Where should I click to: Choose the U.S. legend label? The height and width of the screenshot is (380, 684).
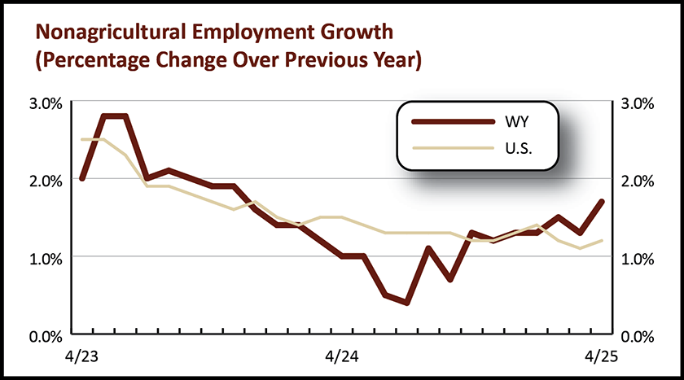[524, 147]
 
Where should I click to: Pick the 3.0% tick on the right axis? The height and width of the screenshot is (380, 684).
[638, 103]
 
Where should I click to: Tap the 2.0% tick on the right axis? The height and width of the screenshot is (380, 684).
[638, 180]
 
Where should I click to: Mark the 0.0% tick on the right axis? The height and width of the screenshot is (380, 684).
[638, 334]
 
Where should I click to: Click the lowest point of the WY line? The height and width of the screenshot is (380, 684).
[406, 303]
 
